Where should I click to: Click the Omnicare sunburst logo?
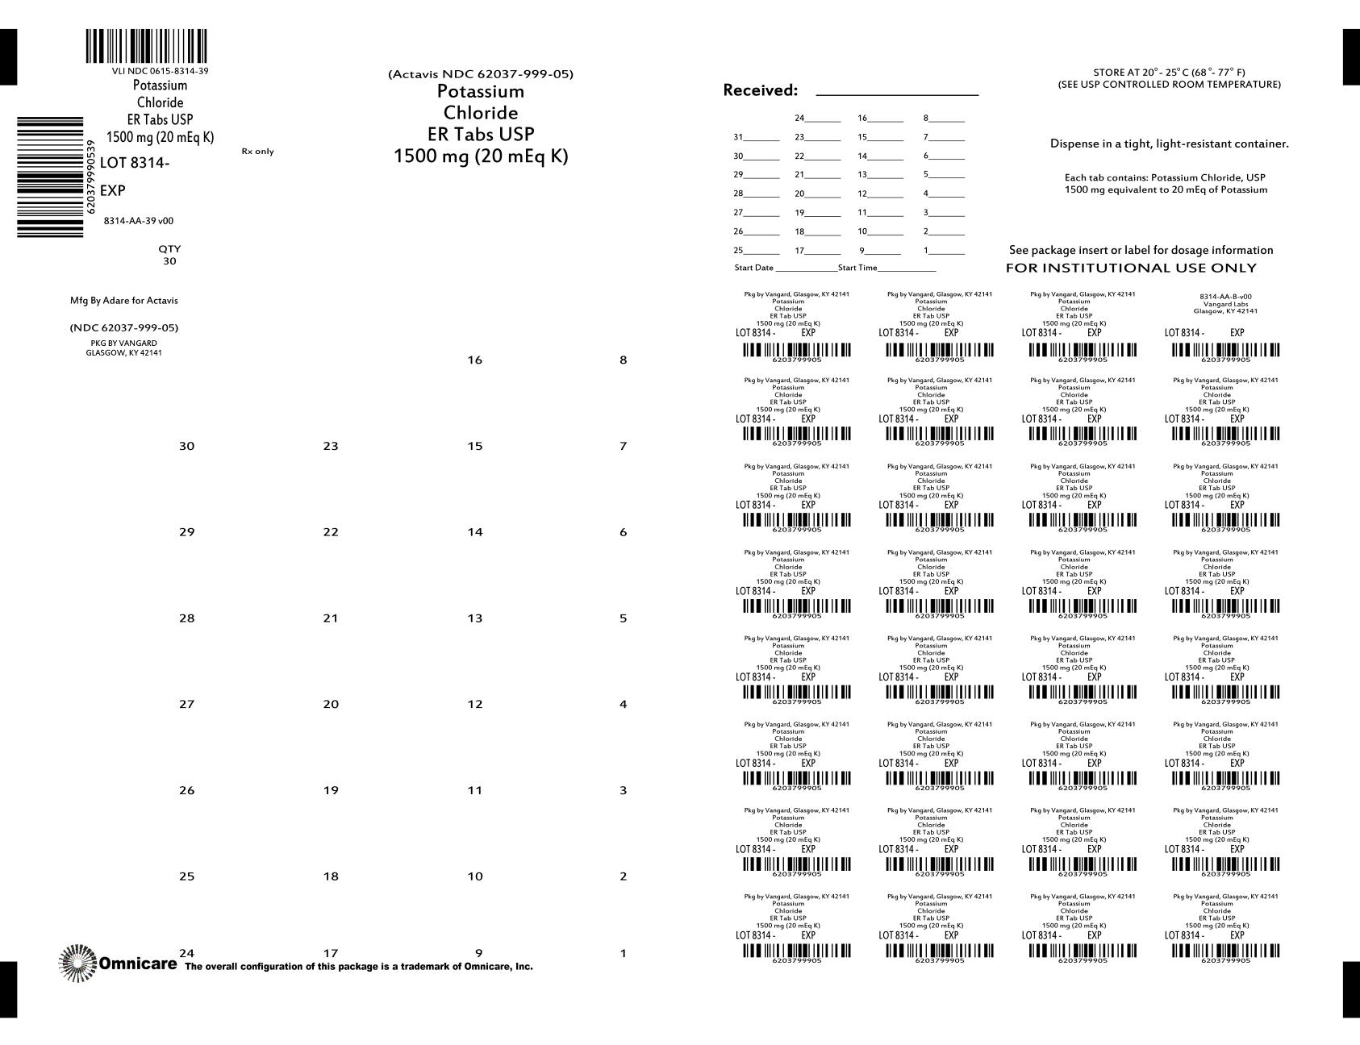coord(77,963)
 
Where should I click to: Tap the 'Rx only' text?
coord(257,152)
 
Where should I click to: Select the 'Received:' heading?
coord(760,90)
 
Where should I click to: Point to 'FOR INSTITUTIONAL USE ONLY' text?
coord(1131,269)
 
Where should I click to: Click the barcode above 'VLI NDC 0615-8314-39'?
coord(146,47)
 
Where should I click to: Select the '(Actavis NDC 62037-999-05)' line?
coord(481,74)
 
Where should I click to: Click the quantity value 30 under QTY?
coord(169,261)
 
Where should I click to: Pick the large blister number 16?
coord(475,360)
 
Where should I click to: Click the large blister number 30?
coord(186,447)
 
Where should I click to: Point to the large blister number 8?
coord(623,360)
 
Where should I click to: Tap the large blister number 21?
coord(331,618)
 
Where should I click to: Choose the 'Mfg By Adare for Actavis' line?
coord(124,301)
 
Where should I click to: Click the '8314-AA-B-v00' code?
coord(1225,297)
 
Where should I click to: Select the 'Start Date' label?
coord(753,268)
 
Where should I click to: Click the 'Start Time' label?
coord(857,268)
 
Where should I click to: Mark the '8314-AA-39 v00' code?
coord(139,221)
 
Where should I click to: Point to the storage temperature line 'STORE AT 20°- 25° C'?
coord(1169,73)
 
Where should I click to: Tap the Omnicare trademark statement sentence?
coord(359,967)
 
